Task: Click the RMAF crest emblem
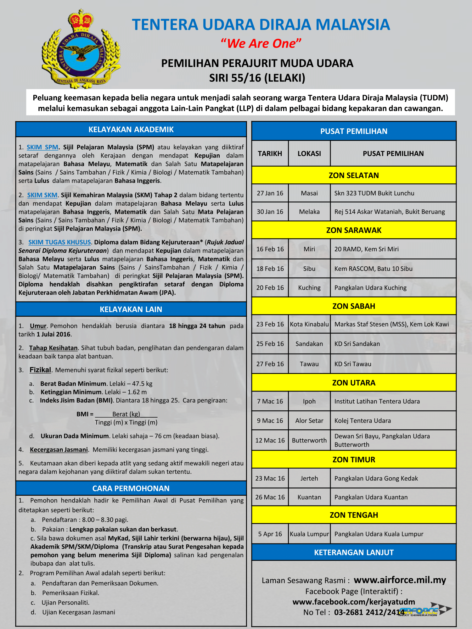tap(81, 50)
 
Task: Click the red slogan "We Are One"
tap(261, 43)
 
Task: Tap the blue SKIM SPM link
tap(42, 147)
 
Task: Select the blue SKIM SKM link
tap(42, 195)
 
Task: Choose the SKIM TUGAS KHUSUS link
tap(59, 242)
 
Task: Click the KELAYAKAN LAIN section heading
tap(131, 309)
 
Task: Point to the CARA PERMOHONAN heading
tap(131, 488)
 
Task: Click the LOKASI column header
tap(309, 153)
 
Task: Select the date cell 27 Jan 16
tap(270, 193)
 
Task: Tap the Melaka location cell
tap(309, 212)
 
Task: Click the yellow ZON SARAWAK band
tap(354, 230)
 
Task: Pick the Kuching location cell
tap(309, 287)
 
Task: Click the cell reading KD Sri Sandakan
tap(357, 344)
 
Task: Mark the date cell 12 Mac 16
tap(270, 440)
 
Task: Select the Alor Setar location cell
tap(309, 420)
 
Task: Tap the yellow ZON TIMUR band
tap(354, 459)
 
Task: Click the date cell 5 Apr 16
tap(270, 534)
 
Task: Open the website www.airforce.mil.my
tap(400, 580)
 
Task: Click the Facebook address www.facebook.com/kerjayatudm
tap(354, 602)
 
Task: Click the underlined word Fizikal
tap(40, 370)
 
